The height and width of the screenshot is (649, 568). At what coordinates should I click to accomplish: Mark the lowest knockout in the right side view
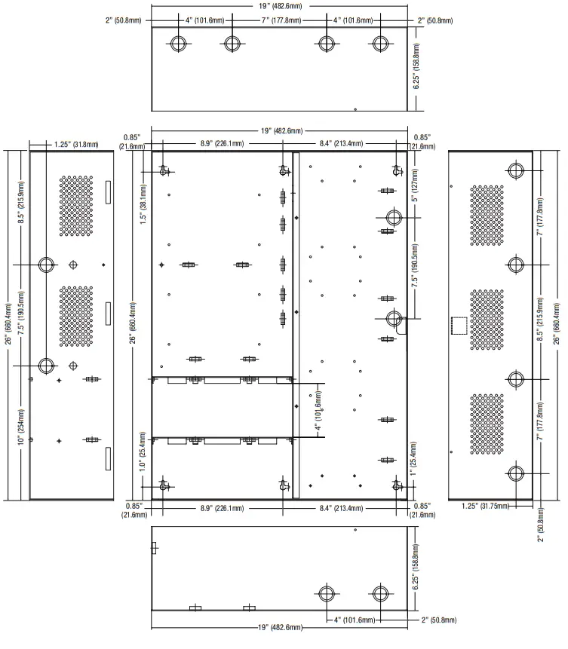click(516, 474)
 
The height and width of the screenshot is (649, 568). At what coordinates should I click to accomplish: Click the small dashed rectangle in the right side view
click(458, 325)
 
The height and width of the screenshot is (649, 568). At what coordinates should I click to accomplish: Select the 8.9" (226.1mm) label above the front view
click(216, 143)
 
